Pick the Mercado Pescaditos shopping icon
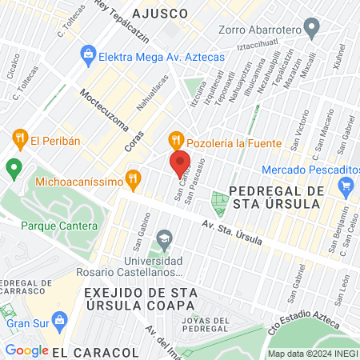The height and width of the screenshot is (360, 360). pos(346,187)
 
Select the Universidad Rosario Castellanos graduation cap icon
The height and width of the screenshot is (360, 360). pos(164,239)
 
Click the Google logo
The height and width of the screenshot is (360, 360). pos(27,350)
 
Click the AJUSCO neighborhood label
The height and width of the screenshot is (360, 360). pos(161,14)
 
